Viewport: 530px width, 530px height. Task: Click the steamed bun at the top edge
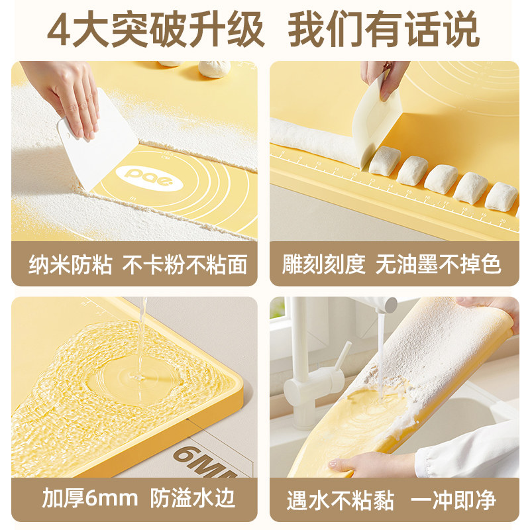pos(213,67)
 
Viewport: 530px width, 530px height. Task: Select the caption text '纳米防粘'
pos(71,265)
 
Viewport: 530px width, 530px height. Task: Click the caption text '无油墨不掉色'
pos(439,265)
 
